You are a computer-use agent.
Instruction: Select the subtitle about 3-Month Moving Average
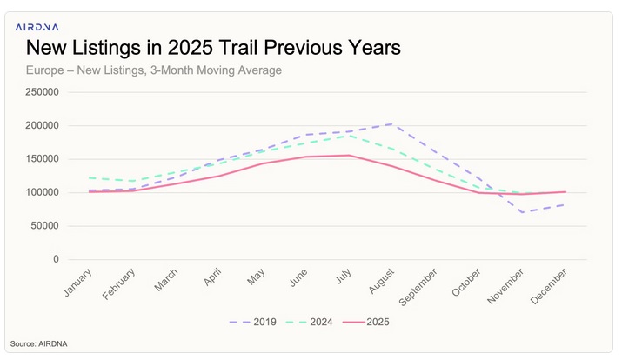pyautogui.click(x=154, y=70)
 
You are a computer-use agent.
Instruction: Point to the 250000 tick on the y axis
pyautogui.click(x=42, y=92)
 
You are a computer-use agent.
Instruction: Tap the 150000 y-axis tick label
pyautogui.click(x=42, y=159)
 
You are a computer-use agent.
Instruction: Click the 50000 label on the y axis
pyautogui.click(x=44, y=226)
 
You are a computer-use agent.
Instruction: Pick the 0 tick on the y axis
pyautogui.click(x=56, y=259)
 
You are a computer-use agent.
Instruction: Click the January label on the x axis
pyautogui.click(x=78, y=283)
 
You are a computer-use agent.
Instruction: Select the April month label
pyautogui.click(x=212, y=278)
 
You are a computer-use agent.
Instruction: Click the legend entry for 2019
pyautogui.click(x=253, y=323)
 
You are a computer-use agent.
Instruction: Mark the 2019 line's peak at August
pyautogui.click(x=391, y=123)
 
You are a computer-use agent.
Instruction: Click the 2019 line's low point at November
pyautogui.click(x=522, y=212)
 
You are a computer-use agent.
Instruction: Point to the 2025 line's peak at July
pyautogui.click(x=349, y=156)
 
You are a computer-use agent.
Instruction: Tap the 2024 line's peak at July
pyautogui.click(x=349, y=135)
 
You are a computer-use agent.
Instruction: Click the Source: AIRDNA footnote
pyautogui.click(x=39, y=343)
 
